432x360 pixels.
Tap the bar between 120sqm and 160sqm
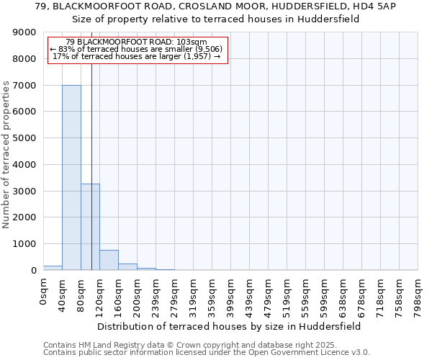coord(109,260)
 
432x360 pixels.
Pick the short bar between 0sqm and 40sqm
coord(53,268)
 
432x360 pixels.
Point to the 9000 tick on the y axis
coord(25,32)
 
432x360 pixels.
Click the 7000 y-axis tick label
coord(25,85)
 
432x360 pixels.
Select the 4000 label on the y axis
coord(25,164)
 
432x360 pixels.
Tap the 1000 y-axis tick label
coord(25,243)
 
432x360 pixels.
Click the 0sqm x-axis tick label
coord(44,293)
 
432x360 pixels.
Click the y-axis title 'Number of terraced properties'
coord(7,155)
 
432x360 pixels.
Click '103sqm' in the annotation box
coord(192,42)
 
